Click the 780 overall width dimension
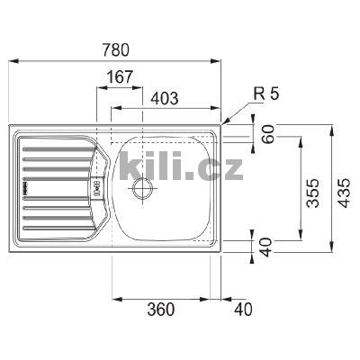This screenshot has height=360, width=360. (115, 51)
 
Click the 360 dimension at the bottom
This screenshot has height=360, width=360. (159, 310)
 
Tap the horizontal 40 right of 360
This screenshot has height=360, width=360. (244, 310)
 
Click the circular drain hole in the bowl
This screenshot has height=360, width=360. (141, 187)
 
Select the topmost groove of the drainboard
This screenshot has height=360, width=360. (54, 141)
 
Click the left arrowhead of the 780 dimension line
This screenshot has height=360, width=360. (13, 61)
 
